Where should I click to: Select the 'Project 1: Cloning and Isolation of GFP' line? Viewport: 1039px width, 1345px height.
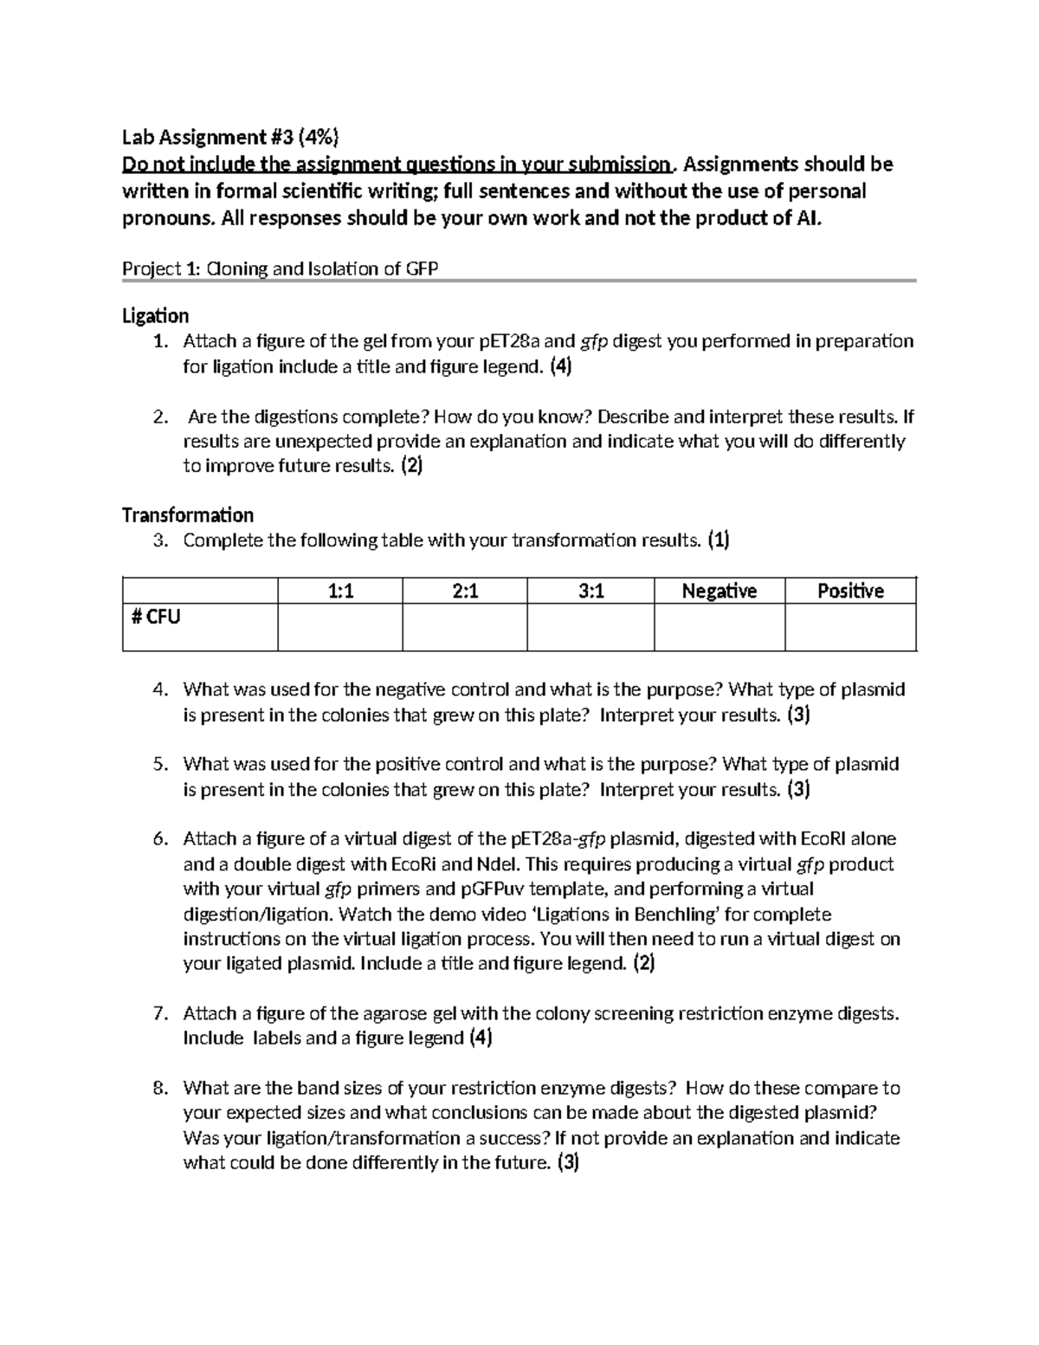tap(280, 268)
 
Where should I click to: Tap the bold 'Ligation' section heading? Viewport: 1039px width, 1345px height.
tap(155, 316)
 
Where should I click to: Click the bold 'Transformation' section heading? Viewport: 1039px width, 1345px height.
tap(188, 515)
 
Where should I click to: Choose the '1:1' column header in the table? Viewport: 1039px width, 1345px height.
tap(340, 591)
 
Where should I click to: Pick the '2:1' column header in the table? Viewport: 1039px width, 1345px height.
tap(465, 591)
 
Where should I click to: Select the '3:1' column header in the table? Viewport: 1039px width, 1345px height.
tap(590, 591)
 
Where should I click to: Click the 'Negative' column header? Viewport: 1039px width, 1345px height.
tap(719, 591)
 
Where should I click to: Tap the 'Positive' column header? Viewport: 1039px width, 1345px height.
tap(850, 591)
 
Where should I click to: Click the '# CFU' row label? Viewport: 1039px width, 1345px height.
tap(155, 618)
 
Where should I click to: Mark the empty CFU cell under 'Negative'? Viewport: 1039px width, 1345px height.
tap(719, 627)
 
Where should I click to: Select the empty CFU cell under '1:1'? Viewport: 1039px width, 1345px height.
tap(340, 627)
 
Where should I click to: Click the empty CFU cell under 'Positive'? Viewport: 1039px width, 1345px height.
tap(850, 627)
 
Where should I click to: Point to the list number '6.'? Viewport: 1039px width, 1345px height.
tap(158, 838)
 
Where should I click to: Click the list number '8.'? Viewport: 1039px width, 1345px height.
tap(158, 1088)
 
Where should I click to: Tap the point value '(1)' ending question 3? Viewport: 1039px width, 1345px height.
tap(718, 540)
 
